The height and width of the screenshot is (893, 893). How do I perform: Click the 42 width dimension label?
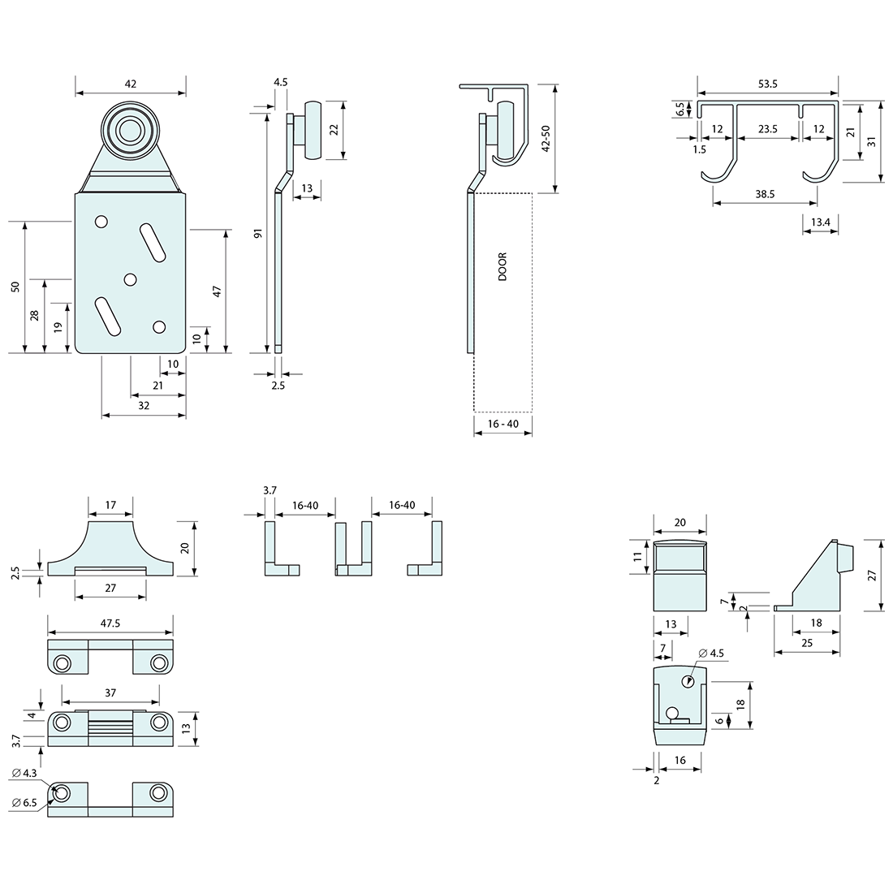(x=131, y=83)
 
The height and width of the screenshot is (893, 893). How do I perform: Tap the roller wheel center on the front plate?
(x=127, y=130)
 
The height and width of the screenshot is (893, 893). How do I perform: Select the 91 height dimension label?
(x=258, y=234)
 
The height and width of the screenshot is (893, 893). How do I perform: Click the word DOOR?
(x=503, y=267)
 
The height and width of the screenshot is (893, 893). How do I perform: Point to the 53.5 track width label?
(x=768, y=84)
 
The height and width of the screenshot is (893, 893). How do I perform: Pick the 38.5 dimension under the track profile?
(x=765, y=194)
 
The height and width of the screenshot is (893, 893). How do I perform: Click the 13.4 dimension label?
(x=820, y=222)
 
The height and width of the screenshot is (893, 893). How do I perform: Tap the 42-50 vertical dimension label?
(x=546, y=138)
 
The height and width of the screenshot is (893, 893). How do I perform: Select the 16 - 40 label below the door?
(x=503, y=424)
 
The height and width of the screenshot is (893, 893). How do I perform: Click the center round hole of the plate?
(x=130, y=279)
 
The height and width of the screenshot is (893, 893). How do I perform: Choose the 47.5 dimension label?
(x=110, y=623)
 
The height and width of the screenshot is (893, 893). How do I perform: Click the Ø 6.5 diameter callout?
(x=25, y=803)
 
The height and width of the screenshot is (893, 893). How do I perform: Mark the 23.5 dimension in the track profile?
(x=768, y=128)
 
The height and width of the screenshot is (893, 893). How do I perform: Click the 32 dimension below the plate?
(x=144, y=404)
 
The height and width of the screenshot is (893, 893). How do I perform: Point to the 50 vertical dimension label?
(x=15, y=287)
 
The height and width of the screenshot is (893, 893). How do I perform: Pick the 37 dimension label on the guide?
(x=110, y=692)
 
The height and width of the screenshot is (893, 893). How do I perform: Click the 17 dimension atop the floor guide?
(x=110, y=505)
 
